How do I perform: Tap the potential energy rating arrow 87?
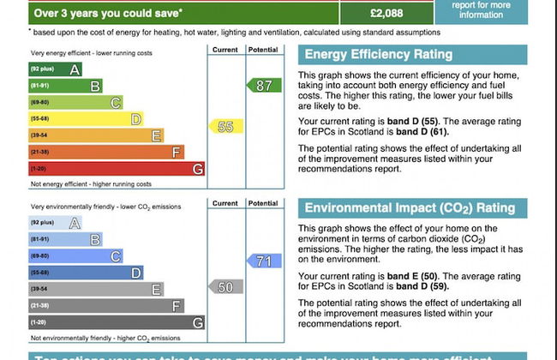tap(263, 86)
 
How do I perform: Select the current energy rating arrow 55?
tap(225, 127)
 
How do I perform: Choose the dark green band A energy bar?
tap(55, 69)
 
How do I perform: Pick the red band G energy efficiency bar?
tap(116, 169)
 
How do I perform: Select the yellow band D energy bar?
tap(85, 119)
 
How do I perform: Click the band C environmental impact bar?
tap(75, 256)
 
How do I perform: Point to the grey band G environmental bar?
tap(116, 322)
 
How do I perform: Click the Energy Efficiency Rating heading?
tap(378, 55)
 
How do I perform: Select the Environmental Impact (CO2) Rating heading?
tap(410, 208)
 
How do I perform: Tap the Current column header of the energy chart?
tap(225, 50)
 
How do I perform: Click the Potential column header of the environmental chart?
tap(262, 204)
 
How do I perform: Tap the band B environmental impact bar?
tap(65, 239)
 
